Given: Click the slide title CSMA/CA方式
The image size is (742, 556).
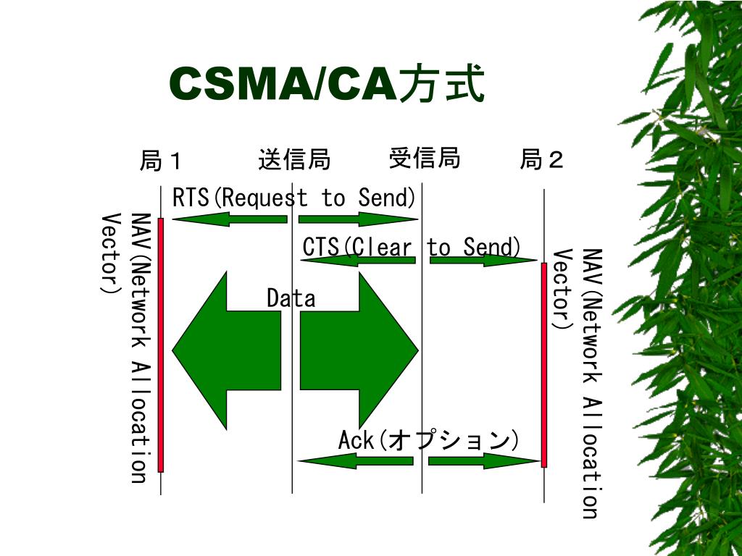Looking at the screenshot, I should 326,85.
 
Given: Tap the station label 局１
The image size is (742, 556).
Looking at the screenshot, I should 162,160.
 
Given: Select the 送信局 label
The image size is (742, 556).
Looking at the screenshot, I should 294,159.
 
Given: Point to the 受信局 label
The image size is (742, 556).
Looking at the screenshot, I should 425,158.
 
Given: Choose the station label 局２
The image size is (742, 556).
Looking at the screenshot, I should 542,159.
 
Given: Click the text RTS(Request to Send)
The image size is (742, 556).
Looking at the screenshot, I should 294,198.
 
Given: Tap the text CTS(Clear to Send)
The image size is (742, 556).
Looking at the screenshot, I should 412,248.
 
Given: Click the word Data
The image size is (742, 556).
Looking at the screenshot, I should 291,298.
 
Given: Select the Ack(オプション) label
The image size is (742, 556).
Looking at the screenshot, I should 429,440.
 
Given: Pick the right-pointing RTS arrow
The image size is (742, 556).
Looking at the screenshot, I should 359,219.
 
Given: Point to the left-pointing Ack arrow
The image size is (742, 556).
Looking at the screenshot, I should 355,460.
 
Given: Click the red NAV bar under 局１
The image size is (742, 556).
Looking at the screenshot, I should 161,345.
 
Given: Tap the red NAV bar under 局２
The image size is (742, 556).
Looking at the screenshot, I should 544,365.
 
